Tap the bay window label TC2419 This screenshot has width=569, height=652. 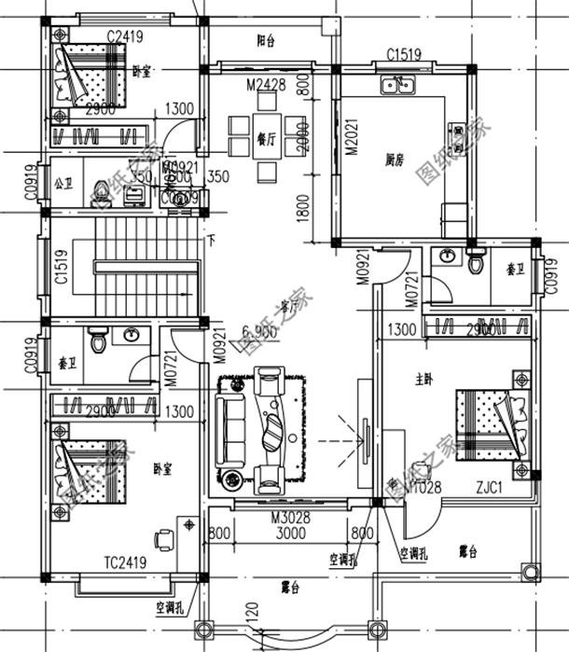pyautogui.click(x=124, y=562)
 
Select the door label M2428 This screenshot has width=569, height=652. pyautogui.click(x=265, y=86)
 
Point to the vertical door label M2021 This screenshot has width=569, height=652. pyautogui.click(x=352, y=137)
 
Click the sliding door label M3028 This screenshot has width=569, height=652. pyautogui.click(x=290, y=518)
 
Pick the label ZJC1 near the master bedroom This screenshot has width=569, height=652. pyautogui.click(x=490, y=487)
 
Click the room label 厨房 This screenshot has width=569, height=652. pyautogui.click(x=394, y=160)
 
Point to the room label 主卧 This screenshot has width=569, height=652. pyautogui.click(x=423, y=380)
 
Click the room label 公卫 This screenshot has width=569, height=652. pyautogui.click(x=63, y=182)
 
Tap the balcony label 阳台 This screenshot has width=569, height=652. pyautogui.click(x=266, y=41)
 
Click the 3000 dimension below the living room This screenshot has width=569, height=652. pyautogui.click(x=291, y=534)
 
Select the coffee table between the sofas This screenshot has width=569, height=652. pyautogui.click(x=272, y=431)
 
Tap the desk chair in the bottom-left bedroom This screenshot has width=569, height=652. pyautogui.click(x=165, y=537)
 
